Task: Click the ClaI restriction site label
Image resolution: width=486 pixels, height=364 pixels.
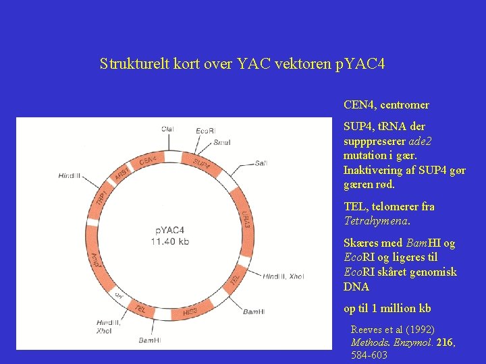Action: point(167,129)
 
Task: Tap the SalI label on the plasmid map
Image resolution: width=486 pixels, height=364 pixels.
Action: point(261,163)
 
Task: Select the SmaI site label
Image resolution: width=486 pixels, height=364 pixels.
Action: point(221,142)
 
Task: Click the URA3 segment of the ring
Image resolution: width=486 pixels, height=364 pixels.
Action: point(245,217)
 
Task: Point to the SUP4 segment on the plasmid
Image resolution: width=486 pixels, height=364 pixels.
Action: point(201,162)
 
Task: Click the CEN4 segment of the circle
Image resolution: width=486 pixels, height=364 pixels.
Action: point(148,161)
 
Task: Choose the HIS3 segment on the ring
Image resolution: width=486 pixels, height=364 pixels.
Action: point(190,312)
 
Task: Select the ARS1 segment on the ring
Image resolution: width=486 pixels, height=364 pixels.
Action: point(122,175)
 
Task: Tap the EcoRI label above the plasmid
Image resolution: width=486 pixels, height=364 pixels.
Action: point(205,130)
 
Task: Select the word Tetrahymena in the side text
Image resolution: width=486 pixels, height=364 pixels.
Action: point(375,221)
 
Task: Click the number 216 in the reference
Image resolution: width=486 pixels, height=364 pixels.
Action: point(444,342)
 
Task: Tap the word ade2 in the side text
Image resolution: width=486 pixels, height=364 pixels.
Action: point(421,141)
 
